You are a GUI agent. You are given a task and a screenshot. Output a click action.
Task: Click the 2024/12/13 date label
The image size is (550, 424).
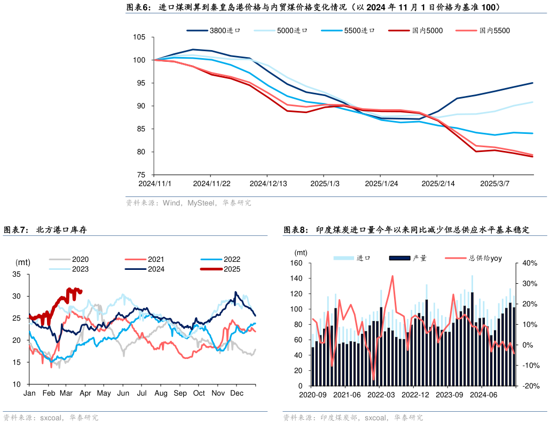(x=268, y=183)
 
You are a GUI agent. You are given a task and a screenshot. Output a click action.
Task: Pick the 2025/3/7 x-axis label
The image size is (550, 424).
(x=494, y=183)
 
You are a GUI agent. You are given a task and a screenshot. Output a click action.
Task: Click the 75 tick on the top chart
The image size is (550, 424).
(x=141, y=175)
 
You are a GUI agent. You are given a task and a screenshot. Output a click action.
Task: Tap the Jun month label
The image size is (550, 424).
(x=123, y=393)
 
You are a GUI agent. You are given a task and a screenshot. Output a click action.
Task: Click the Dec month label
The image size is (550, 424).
(x=236, y=393)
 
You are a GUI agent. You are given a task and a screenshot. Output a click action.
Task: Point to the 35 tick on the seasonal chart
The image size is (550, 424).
(x=17, y=274)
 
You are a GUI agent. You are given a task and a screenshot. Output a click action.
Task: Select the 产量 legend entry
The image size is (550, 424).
(x=419, y=258)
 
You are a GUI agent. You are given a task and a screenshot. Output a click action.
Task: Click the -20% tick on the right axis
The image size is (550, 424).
(x=529, y=386)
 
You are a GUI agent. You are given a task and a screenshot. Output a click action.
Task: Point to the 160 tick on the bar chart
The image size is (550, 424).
(x=296, y=263)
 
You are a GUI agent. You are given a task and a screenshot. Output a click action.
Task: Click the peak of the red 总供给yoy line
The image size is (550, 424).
(x=392, y=276)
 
